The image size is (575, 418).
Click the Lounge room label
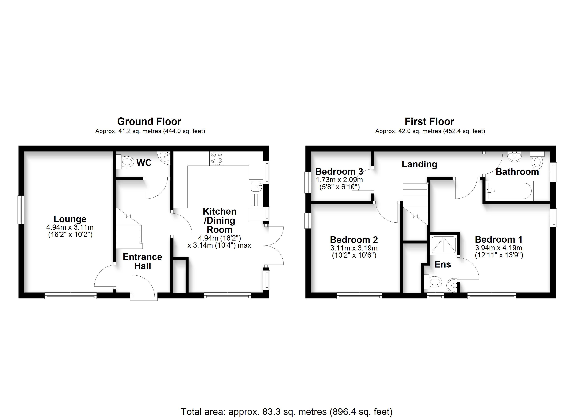pos(70,219)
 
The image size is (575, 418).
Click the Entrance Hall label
pos(143,261)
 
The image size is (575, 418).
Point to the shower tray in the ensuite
pos(444,244)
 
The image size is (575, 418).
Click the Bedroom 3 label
pos(339,172)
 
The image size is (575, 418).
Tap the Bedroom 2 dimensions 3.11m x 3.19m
pos(354,248)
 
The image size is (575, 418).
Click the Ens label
pos(443,264)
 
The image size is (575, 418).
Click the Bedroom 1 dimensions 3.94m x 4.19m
pos(499,248)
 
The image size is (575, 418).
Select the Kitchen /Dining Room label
pos(220,220)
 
